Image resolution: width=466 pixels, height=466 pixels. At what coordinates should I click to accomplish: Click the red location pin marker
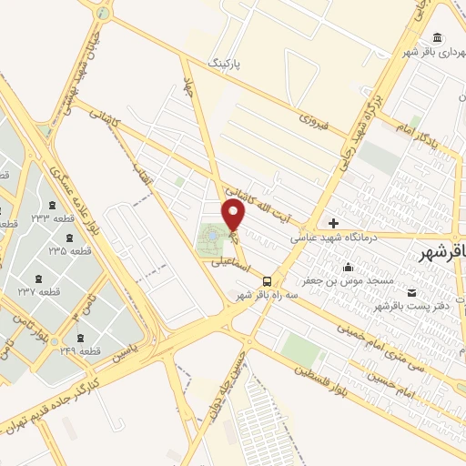[x=234, y=215]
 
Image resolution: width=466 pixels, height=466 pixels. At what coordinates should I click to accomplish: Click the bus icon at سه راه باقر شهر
[x=267, y=281]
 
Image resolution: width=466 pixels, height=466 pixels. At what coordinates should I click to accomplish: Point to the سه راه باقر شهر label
[x=256, y=296]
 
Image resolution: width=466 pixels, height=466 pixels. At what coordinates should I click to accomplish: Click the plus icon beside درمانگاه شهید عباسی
[x=334, y=223]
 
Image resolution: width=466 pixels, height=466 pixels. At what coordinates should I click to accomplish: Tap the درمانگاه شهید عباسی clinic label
[x=329, y=237]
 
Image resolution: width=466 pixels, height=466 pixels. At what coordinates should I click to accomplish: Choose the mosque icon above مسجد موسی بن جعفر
[x=348, y=267]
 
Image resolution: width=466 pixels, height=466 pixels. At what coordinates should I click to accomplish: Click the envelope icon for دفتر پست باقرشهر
[x=414, y=292]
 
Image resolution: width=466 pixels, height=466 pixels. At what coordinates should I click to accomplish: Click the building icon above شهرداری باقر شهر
[x=439, y=37]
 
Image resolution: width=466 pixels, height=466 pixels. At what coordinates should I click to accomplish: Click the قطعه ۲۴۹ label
[x=77, y=349]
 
